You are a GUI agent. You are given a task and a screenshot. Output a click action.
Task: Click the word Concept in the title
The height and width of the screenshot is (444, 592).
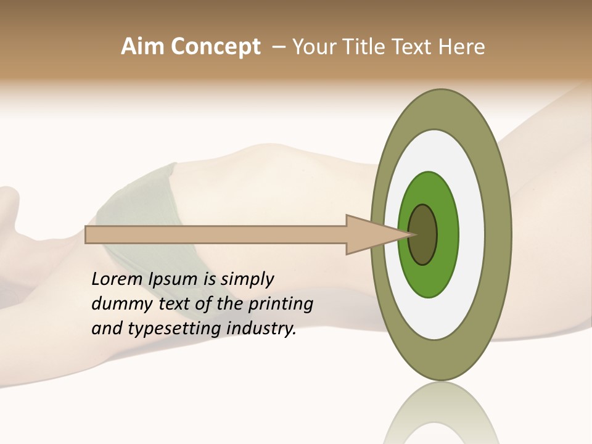[x=215, y=47]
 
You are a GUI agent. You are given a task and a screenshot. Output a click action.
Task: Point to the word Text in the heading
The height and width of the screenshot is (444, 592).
[x=414, y=47]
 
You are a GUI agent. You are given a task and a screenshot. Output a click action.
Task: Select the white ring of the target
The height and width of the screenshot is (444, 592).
[x=471, y=234]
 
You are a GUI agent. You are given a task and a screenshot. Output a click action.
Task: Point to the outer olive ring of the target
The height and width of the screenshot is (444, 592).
[x=498, y=234]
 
